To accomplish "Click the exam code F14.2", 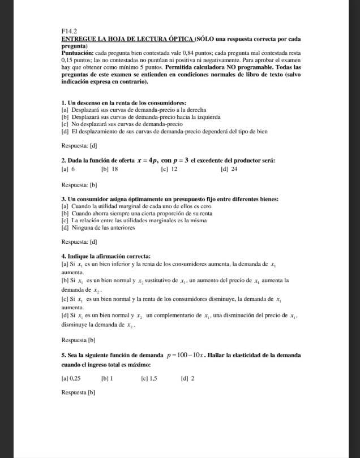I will pos(68,31).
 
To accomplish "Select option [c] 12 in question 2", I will pos(169,169).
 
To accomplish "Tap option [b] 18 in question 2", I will pos(109,169).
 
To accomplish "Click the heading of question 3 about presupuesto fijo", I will pos(169,199).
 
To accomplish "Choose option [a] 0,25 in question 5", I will pos(71,378).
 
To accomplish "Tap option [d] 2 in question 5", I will pos(187,378).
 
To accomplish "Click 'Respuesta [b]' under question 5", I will pos(78,392).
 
